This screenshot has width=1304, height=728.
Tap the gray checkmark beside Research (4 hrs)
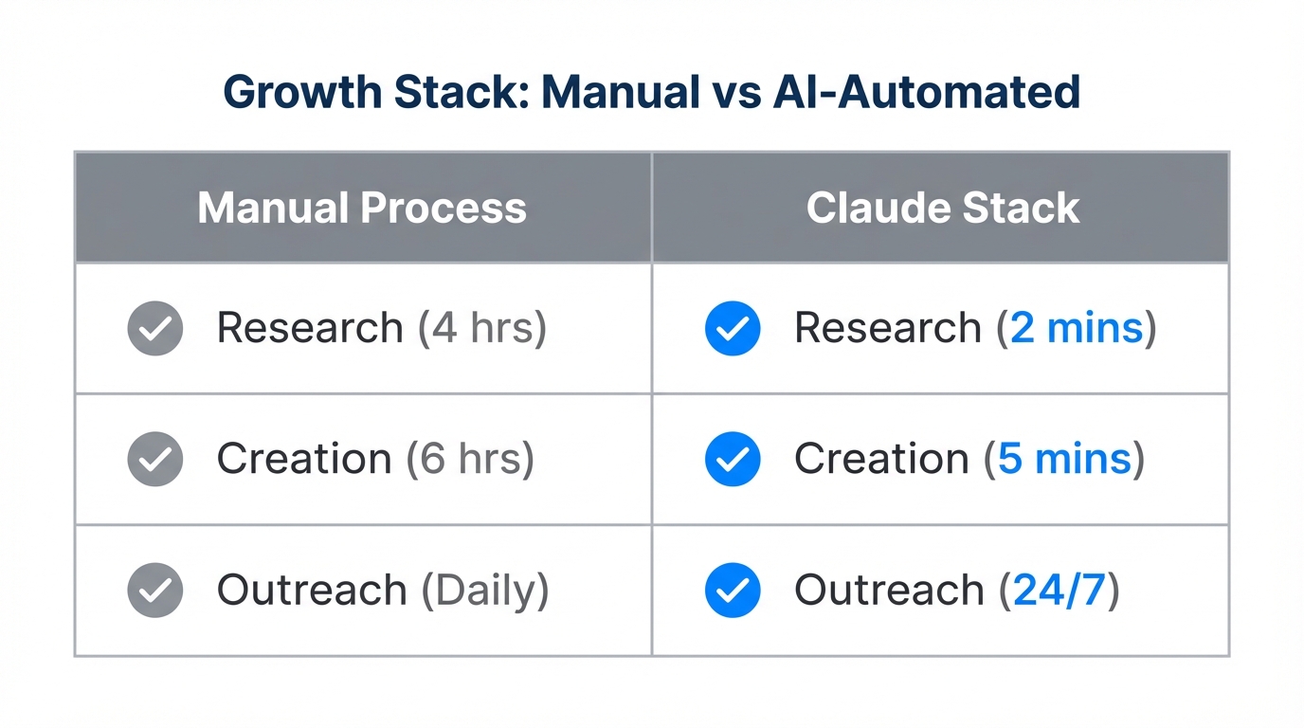coord(155,328)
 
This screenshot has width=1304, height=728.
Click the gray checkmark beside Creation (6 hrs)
coord(155,459)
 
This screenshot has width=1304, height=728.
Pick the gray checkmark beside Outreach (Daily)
coord(155,590)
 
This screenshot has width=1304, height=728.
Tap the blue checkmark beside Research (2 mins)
coord(733,328)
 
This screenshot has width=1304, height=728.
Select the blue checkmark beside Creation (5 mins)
coord(733,459)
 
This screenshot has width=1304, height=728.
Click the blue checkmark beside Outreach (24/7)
coord(733,590)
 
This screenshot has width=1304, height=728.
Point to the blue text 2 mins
coord(1077,328)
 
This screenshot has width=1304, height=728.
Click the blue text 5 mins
coord(1064,459)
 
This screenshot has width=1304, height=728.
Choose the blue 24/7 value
coord(1059,590)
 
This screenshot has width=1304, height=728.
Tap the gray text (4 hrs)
coord(482,328)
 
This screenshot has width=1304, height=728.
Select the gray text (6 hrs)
coord(470,459)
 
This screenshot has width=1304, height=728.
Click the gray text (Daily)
coord(485,590)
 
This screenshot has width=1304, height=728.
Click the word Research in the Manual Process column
coord(310,328)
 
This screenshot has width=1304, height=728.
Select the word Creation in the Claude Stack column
coord(881,459)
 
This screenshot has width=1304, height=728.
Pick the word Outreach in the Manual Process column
coord(312,590)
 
